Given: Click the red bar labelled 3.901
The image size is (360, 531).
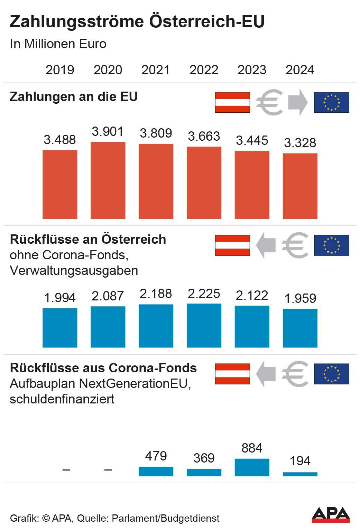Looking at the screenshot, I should (x=108, y=180).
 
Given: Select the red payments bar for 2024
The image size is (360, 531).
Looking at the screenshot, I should (x=300, y=186).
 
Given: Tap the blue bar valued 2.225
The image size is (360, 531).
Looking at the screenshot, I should (x=204, y=325).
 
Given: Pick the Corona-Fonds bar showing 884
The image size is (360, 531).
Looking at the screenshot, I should (x=252, y=467).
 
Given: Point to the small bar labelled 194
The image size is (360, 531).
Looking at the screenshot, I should (x=300, y=474).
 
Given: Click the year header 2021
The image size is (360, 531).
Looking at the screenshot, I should (x=156, y=70).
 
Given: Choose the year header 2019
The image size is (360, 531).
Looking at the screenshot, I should (x=60, y=70).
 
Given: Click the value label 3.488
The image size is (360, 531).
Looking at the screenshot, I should (x=60, y=140).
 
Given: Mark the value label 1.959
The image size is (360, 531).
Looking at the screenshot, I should (x=300, y=298).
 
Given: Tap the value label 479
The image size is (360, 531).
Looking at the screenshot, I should (x=156, y=456).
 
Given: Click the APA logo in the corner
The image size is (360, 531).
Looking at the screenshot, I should (x=331, y=515).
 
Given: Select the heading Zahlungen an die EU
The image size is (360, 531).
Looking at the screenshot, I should (x=74, y=96).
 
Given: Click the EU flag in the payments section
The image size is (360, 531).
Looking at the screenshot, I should (x=331, y=102).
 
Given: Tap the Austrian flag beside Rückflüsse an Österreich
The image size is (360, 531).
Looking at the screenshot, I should (x=232, y=245).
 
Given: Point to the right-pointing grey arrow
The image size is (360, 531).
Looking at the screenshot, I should (x=297, y=102).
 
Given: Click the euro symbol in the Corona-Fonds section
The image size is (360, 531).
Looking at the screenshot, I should (x=295, y=374).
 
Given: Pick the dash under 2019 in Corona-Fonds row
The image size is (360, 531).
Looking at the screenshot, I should (x=66, y=470).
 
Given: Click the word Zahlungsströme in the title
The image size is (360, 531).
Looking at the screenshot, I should (x=76, y=21).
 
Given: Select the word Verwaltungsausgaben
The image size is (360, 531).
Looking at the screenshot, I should (x=74, y=270).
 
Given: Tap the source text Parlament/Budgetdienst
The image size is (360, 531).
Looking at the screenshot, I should (x=166, y=519).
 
